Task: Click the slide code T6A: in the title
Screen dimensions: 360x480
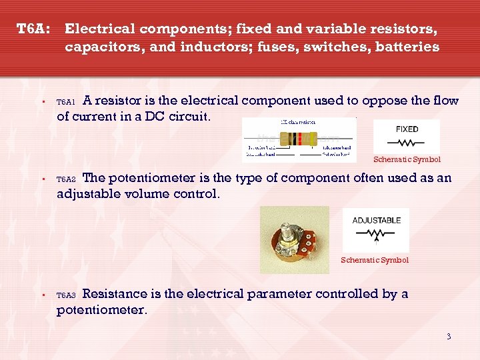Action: pos(33,29)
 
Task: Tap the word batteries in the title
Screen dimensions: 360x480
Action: pos(407,47)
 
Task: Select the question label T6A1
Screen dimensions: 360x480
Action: pos(66,103)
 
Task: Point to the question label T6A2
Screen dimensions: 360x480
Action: pos(66,179)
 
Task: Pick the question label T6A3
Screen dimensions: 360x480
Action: pos(66,295)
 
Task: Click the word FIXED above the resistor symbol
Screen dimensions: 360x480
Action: pos(407,129)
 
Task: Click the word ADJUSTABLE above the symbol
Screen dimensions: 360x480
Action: pos(377,220)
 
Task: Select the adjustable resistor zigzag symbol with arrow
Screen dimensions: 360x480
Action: pos(377,234)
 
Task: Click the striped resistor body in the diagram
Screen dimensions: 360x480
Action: pos(298,139)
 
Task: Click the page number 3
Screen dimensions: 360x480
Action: pos(449,336)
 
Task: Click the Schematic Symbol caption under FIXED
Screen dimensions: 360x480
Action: pos(407,159)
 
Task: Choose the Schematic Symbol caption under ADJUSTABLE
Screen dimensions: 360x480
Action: pos(375,260)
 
